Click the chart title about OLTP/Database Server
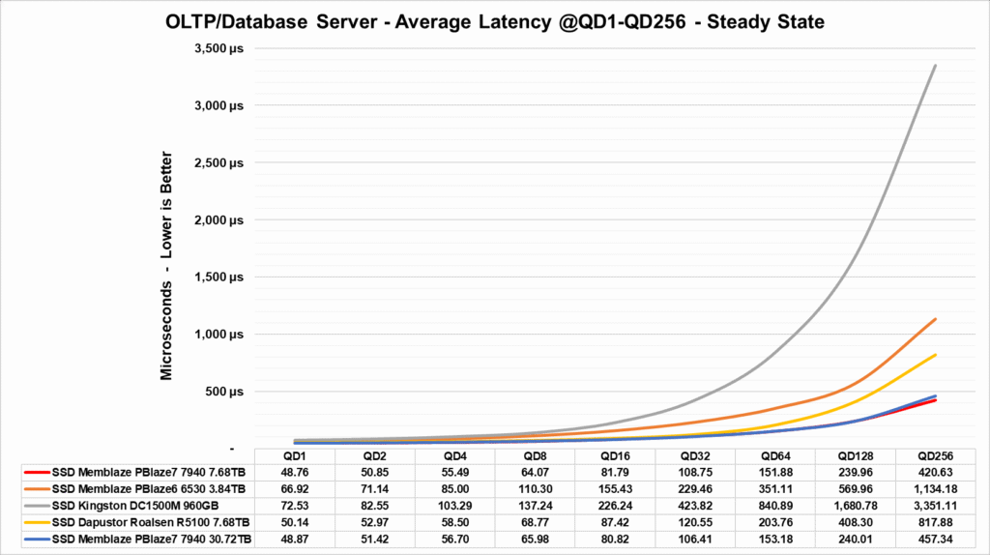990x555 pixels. click(x=494, y=21)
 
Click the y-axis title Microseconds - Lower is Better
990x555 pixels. click(x=167, y=265)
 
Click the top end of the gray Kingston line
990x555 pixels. click(x=935, y=65)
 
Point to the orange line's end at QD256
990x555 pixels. click(x=935, y=319)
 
